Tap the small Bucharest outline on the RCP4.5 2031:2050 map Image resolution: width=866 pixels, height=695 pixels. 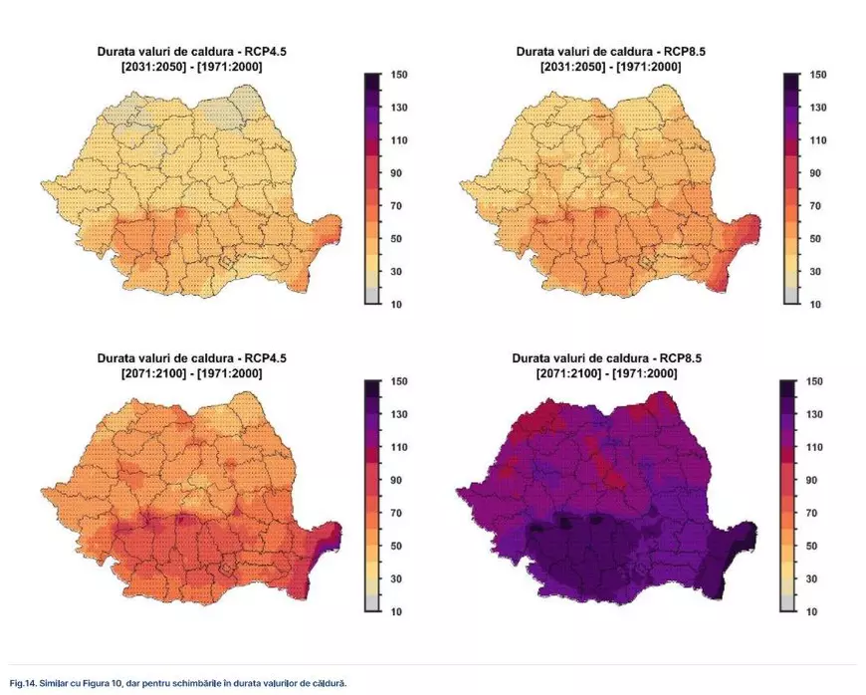coord(228,261)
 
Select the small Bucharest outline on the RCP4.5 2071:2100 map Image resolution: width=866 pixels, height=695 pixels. coord(228,567)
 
